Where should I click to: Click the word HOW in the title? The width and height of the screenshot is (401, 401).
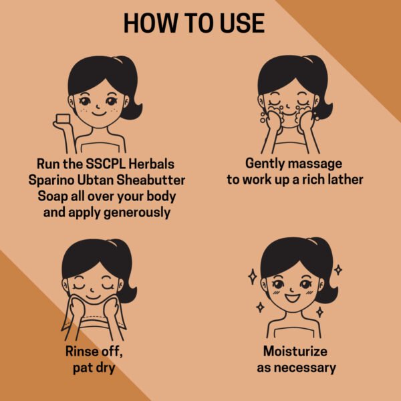[x=150, y=23]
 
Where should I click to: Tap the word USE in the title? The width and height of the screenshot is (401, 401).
[x=242, y=23]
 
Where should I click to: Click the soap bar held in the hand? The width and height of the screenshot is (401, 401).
[x=63, y=119]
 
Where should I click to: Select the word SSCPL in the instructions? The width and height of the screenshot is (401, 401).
[x=106, y=164]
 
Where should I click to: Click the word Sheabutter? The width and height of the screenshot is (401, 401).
[x=151, y=180]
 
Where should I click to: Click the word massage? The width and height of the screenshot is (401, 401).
[x=315, y=164]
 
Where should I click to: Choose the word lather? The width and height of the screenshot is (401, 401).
[x=346, y=179]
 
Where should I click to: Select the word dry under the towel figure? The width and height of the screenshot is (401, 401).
[x=105, y=368]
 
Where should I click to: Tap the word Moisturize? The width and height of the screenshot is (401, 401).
[x=295, y=351]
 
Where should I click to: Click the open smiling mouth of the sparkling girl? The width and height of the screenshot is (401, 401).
[x=292, y=298]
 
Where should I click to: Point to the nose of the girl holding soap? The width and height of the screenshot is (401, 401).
[x=98, y=106]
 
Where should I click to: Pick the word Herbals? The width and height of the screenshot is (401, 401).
[x=152, y=164]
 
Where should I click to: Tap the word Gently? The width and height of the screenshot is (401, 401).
[x=265, y=164]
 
